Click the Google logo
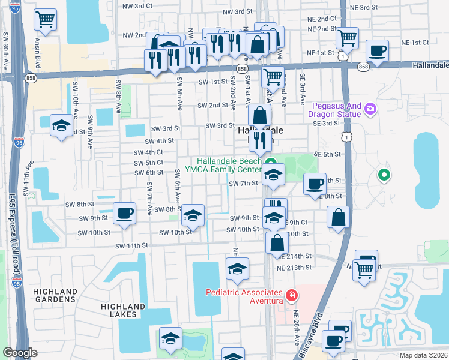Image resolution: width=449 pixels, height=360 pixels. click(x=20, y=353)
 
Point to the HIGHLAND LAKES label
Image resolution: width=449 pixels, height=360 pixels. click(x=123, y=310)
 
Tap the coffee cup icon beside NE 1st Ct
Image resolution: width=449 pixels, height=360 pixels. click(x=376, y=51)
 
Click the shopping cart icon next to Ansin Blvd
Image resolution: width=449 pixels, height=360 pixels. click(x=45, y=20)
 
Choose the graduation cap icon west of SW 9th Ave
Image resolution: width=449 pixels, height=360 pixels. click(x=61, y=125)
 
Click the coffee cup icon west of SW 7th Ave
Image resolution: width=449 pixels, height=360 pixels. click(x=124, y=214)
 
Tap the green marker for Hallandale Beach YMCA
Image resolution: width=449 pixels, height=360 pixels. click(x=271, y=161)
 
